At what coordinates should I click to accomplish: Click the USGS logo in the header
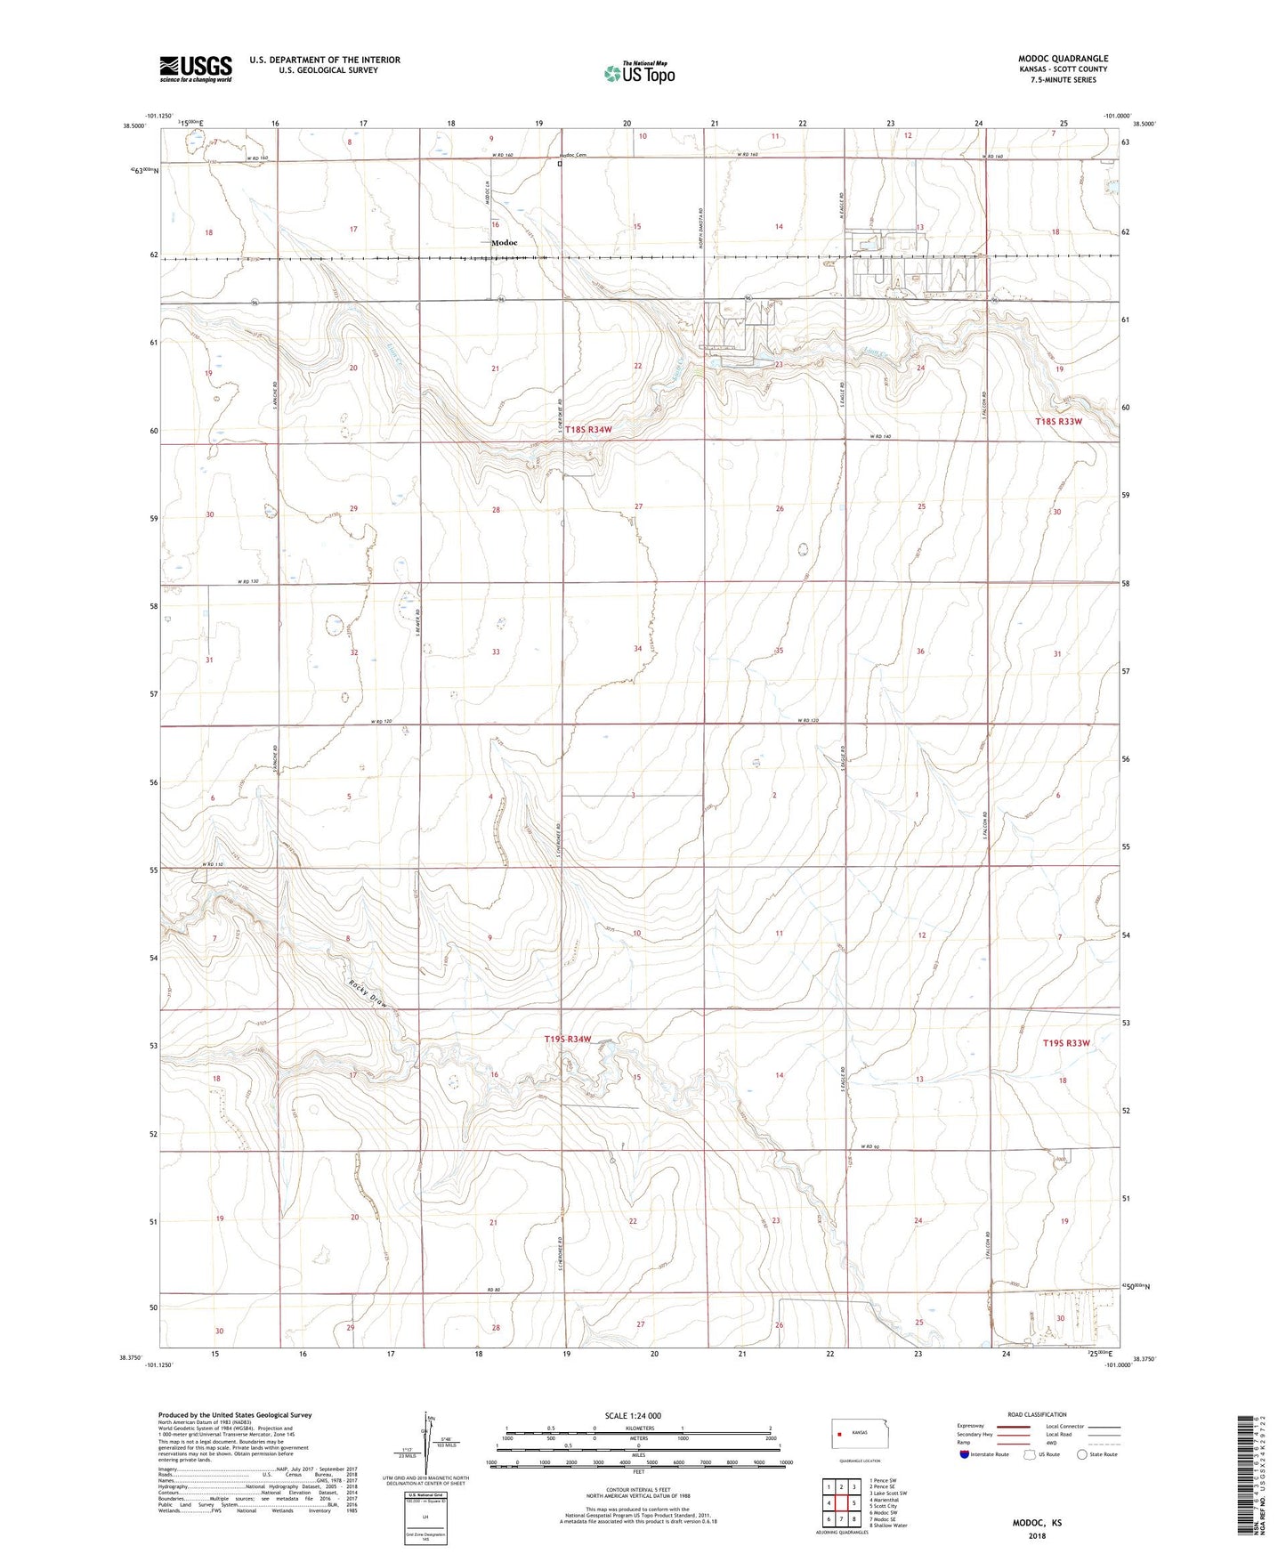[x=195, y=69]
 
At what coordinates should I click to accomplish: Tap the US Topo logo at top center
[x=639, y=73]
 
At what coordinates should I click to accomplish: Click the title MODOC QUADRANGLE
[x=1063, y=59]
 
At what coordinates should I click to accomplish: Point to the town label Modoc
[x=504, y=243]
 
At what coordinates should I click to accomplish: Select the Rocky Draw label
[x=368, y=993]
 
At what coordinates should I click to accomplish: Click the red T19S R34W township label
[x=568, y=1040]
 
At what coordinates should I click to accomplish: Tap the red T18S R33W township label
[x=1058, y=421]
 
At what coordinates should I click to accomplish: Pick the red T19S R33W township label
[x=1065, y=1043]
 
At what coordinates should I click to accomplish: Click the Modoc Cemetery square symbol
[x=560, y=165]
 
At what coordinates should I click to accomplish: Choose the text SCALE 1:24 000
[x=633, y=1416]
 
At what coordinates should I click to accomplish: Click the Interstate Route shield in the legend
[x=965, y=1453]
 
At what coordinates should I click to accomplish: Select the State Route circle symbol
[x=1082, y=1453]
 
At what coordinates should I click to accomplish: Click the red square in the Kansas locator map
[x=839, y=1434]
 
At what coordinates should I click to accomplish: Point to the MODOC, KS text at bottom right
[x=1037, y=1523]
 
